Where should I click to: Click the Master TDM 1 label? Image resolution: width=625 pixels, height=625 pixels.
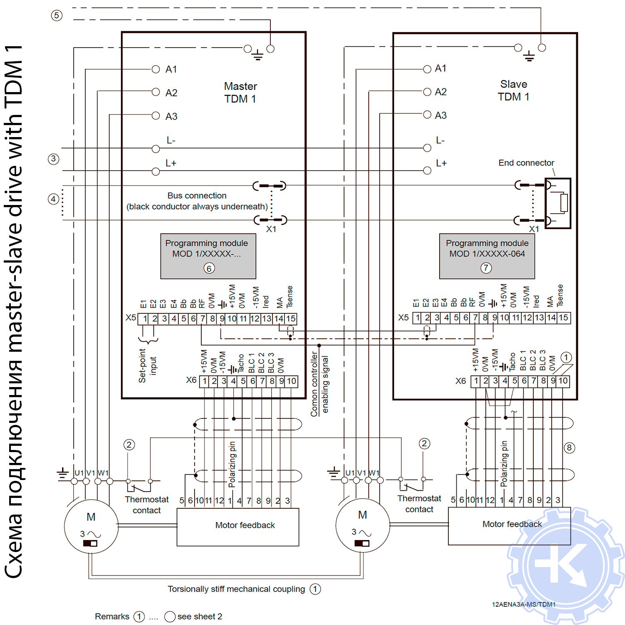pyautogui.click(x=240, y=92)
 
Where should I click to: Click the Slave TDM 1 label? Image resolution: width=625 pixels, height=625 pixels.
pyautogui.click(x=513, y=90)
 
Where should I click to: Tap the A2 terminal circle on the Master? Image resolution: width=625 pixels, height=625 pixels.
pyautogui.click(x=156, y=92)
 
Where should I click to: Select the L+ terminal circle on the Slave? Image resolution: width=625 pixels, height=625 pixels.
pyautogui.click(x=427, y=170)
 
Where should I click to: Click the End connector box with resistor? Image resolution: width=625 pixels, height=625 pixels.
pyautogui.click(x=558, y=203)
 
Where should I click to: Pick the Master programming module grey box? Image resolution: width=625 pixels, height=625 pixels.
pyautogui.click(x=208, y=256)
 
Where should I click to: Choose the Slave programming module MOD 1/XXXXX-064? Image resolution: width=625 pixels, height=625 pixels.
pyautogui.click(x=487, y=255)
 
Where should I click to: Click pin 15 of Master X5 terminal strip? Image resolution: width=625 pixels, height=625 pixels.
pyautogui.click(x=291, y=319)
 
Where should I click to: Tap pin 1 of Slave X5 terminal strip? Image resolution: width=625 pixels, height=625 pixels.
pyautogui.click(x=417, y=318)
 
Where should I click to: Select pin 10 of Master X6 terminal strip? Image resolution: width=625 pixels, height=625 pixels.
pyautogui.click(x=292, y=381)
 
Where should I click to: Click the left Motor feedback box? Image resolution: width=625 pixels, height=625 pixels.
pyautogui.click(x=238, y=527)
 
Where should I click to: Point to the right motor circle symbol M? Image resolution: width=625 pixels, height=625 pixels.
pyautogui.click(x=362, y=525)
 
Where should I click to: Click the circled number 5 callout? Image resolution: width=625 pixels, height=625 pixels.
pyautogui.click(x=57, y=16)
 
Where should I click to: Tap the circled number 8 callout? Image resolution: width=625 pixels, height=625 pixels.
pyautogui.click(x=569, y=448)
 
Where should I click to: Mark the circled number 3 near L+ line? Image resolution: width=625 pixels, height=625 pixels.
pyautogui.click(x=53, y=159)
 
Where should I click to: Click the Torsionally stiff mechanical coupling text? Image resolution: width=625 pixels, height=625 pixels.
pyautogui.click(x=236, y=589)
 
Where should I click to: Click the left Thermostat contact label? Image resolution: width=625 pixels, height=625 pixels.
pyautogui.click(x=147, y=505)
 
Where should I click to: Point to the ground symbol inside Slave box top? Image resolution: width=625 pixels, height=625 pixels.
pyautogui.click(x=529, y=56)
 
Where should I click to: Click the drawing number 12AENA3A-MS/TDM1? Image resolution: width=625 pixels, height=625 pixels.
pyautogui.click(x=523, y=605)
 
